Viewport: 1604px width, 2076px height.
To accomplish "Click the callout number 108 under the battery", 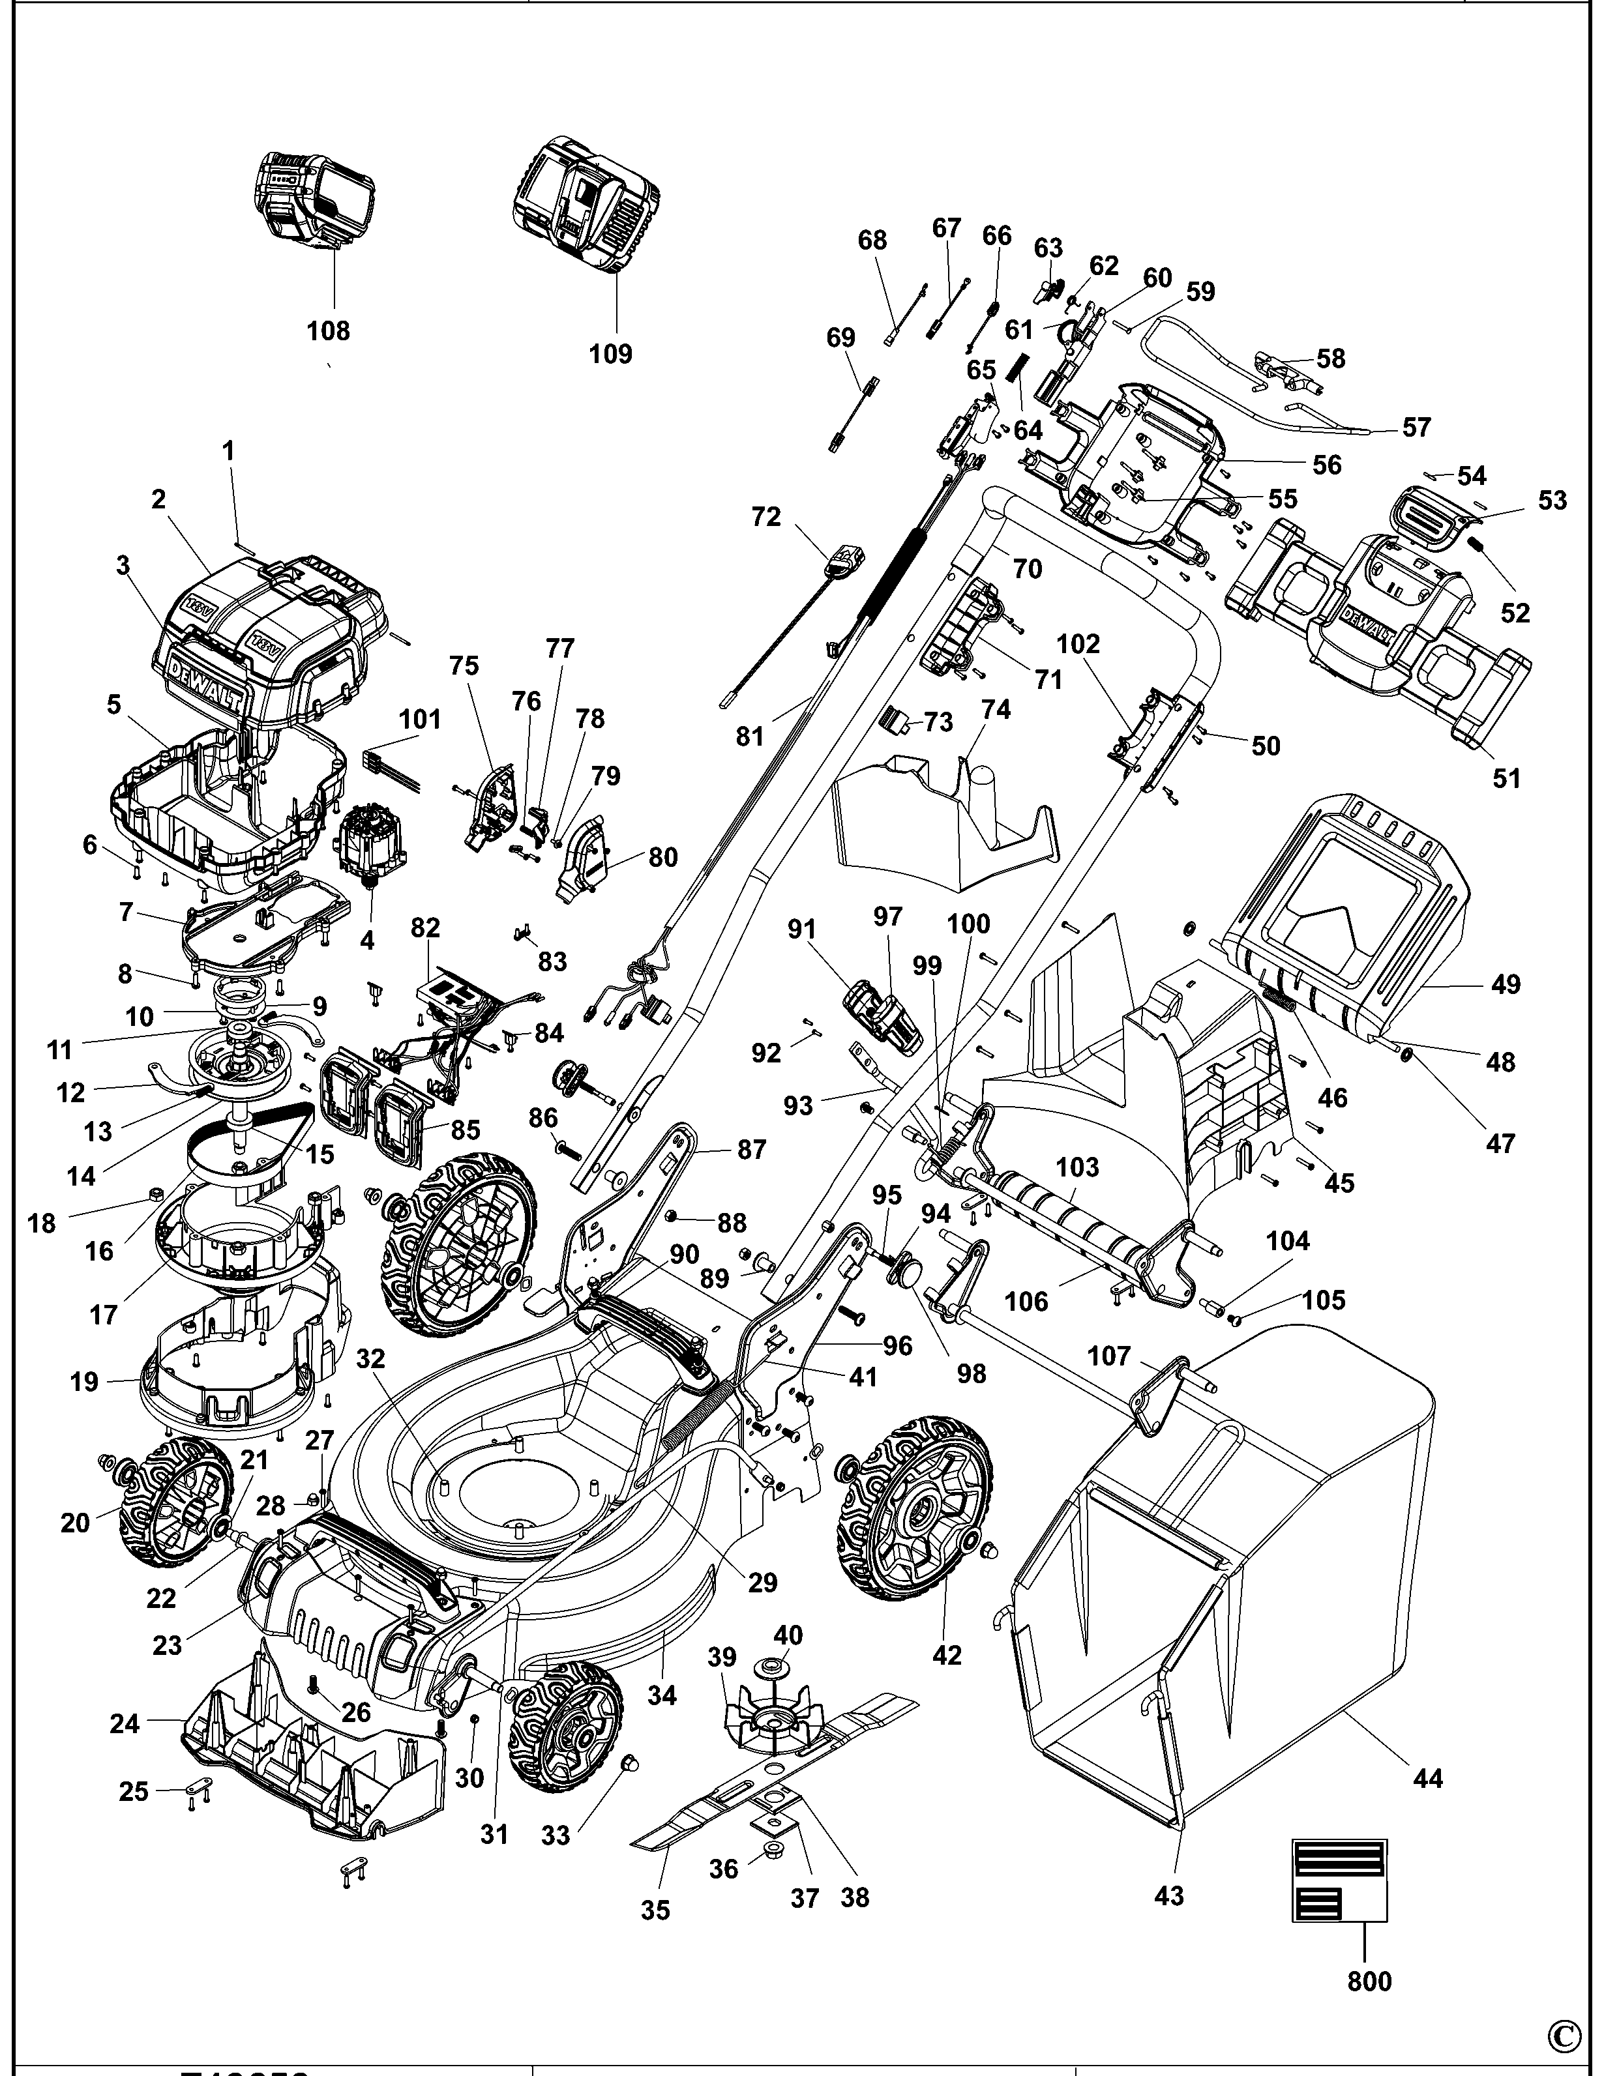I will click(328, 331).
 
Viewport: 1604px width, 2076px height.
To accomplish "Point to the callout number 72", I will click(765, 517).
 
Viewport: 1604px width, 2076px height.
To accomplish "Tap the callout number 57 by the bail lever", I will click(1416, 428).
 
